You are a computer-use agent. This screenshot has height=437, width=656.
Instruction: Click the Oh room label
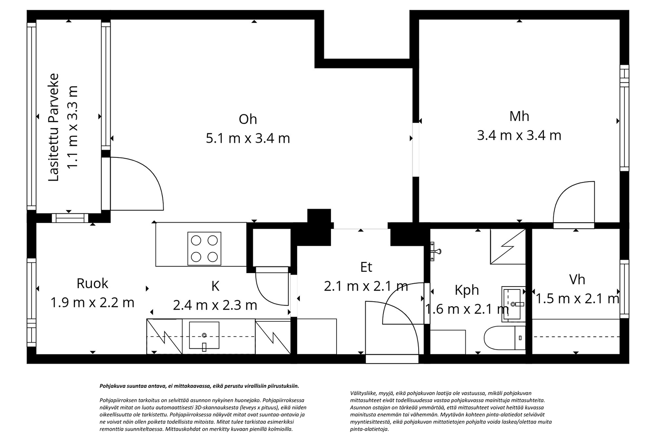(248, 119)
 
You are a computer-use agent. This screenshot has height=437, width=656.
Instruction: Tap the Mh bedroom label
(519, 116)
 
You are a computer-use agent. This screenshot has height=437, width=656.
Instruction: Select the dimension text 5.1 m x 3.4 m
(248, 138)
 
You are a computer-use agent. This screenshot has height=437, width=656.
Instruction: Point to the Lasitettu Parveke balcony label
(54, 127)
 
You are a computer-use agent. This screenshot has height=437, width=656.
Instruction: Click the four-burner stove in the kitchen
(204, 249)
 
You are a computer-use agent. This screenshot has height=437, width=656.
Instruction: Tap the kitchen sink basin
(204, 335)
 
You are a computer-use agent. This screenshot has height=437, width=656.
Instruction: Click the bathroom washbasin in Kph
(513, 304)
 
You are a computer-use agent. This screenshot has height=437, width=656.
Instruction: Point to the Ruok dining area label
(92, 284)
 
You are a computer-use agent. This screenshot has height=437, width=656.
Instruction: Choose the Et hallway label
(366, 267)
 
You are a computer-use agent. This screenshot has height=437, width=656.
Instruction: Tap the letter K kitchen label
(215, 286)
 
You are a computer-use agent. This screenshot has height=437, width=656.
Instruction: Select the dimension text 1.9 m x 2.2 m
(92, 303)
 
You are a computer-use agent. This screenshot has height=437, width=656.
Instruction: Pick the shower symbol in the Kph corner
(508, 247)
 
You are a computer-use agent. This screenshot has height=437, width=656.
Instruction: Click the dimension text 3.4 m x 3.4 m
(519, 136)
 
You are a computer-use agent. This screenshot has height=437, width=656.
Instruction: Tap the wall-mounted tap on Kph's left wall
(435, 251)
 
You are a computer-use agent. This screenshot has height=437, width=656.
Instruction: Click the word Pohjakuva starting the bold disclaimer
(111, 386)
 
